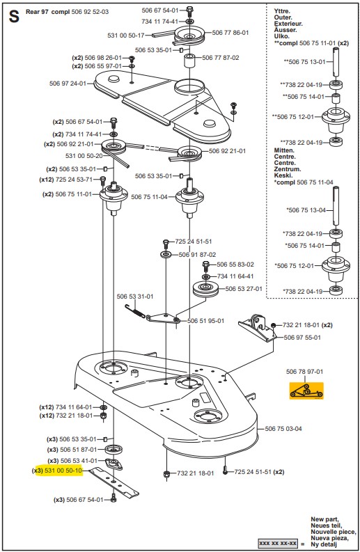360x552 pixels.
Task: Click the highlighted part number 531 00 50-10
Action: pyautogui.click(x=63, y=471)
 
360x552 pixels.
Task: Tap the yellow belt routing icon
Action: pyautogui.click(x=306, y=391)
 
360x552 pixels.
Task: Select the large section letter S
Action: pyautogui.click(x=14, y=17)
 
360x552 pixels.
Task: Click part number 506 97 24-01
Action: pyautogui.click(x=68, y=84)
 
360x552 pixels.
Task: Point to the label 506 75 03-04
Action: pyautogui.click(x=283, y=428)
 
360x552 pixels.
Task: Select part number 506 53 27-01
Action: pyautogui.click(x=244, y=289)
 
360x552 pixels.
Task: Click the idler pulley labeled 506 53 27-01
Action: pyautogui.click(x=205, y=290)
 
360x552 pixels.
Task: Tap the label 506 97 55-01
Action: pyautogui.click(x=302, y=337)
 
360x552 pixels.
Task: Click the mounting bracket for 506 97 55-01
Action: pyautogui.click(x=257, y=328)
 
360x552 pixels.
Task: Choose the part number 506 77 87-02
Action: pyautogui.click(x=221, y=57)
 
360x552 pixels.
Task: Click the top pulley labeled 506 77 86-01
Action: pyautogui.click(x=189, y=36)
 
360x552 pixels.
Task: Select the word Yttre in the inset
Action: pyautogui.click(x=282, y=11)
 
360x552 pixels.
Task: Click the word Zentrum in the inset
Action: pyautogui.click(x=288, y=169)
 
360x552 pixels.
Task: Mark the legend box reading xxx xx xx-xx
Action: pyautogui.click(x=278, y=544)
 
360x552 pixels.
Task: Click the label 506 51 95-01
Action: pyautogui.click(x=205, y=321)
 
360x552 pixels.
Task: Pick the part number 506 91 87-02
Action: pyautogui.click(x=197, y=255)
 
